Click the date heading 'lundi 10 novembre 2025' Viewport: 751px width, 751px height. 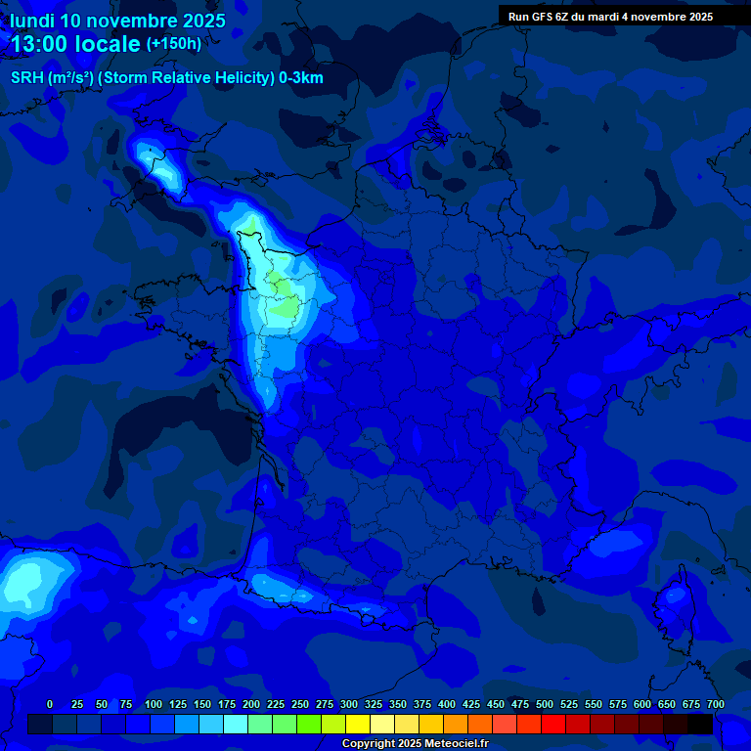coord(117,21)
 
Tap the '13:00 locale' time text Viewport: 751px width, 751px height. coord(75,44)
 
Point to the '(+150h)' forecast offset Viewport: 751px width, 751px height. coord(173,43)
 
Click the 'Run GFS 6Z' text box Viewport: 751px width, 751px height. coord(610,17)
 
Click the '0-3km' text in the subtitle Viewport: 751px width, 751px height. coord(301,78)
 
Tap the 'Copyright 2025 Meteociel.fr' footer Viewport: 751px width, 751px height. coord(416,744)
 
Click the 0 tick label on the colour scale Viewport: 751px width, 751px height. coord(50,704)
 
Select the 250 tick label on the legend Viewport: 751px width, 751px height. coord(300,704)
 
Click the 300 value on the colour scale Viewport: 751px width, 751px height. coord(349,704)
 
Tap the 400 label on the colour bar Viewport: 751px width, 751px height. coord(447,704)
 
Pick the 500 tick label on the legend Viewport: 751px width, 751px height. coord(545,704)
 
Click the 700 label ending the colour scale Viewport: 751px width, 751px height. coord(715,704)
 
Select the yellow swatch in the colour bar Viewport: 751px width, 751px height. coord(358,725)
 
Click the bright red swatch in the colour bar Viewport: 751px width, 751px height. coord(553,725)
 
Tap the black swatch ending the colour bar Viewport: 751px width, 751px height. coord(700,725)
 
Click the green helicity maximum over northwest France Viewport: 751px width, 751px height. coord(286,307)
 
